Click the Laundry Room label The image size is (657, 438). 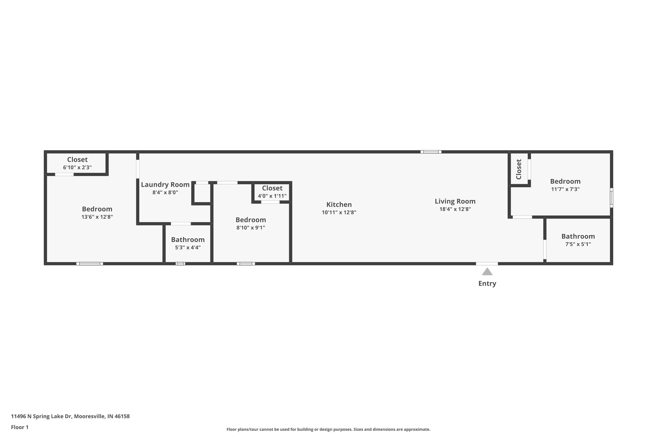coord(165,185)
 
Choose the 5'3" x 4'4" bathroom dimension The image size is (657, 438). coord(188,247)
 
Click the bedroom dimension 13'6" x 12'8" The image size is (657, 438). coord(97,217)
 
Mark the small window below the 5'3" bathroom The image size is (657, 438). coord(180,263)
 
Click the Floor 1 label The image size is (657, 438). coord(19,427)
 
